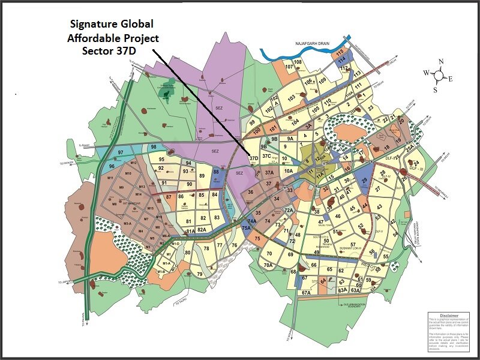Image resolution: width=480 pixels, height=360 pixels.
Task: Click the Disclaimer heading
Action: [449, 315]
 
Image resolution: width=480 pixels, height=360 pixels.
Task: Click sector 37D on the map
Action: [253, 159]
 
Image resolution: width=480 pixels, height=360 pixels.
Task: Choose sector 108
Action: [297, 62]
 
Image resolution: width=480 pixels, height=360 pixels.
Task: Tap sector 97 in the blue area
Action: [121, 154]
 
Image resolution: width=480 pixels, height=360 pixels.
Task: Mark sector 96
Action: [112, 166]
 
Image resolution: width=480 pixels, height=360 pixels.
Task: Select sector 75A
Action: [246, 229]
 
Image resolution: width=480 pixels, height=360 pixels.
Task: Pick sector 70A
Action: [268, 265]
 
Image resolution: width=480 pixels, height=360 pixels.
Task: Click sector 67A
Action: [306, 293]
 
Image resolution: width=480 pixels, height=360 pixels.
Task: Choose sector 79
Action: [200, 274]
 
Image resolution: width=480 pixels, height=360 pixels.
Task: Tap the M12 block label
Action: [134, 164]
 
